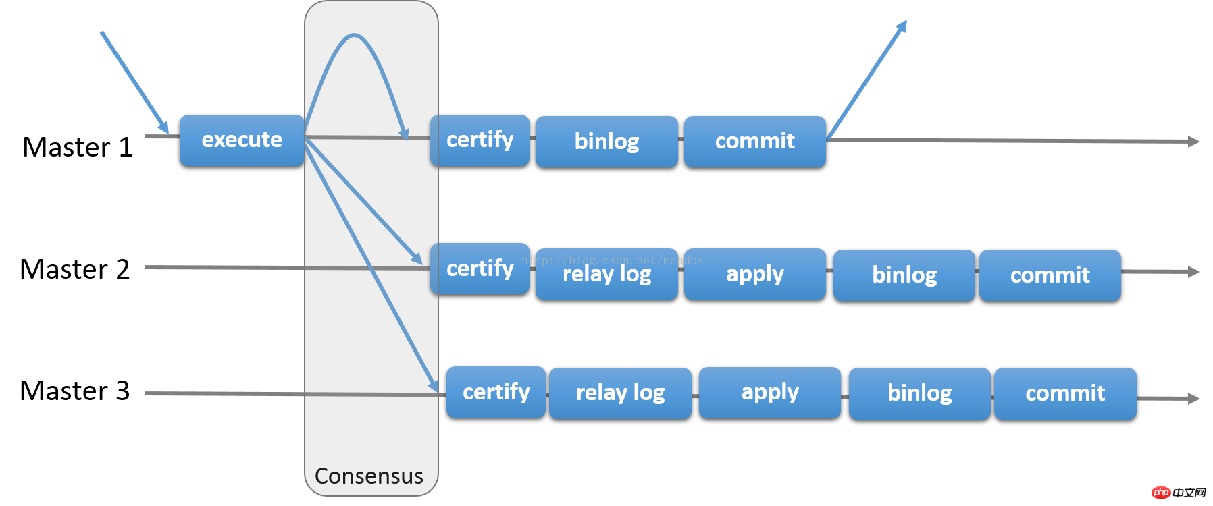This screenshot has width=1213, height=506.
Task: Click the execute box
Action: coord(242,140)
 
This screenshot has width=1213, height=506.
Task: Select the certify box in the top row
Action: coord(480,140)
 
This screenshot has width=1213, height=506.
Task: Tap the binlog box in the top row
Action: coord(606,141)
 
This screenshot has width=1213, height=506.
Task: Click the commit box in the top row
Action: coord(754,141)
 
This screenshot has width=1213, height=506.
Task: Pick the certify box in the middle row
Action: coord(480,269)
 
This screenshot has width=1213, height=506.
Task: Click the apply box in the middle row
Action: coord(754,274)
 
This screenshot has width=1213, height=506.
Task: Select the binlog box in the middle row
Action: coord(904,275)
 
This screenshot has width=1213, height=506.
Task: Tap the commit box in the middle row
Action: coord(1050,275)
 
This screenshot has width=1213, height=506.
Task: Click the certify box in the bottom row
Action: coord(496,392)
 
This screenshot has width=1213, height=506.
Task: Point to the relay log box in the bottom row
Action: coord(620,393)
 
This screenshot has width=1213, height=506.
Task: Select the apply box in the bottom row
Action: coord(769,393)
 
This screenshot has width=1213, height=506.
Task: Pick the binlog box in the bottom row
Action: coord(919,393)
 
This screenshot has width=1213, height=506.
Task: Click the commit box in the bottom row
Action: coord(1065,393)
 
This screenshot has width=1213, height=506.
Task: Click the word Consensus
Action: coord(369,476)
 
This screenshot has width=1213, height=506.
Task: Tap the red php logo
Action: coord(1161,493)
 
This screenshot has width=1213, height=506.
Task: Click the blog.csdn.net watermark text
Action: coord(612,260)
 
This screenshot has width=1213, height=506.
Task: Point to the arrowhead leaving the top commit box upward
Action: coord(902,26)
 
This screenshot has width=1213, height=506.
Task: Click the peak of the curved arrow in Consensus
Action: coord(354,35)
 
